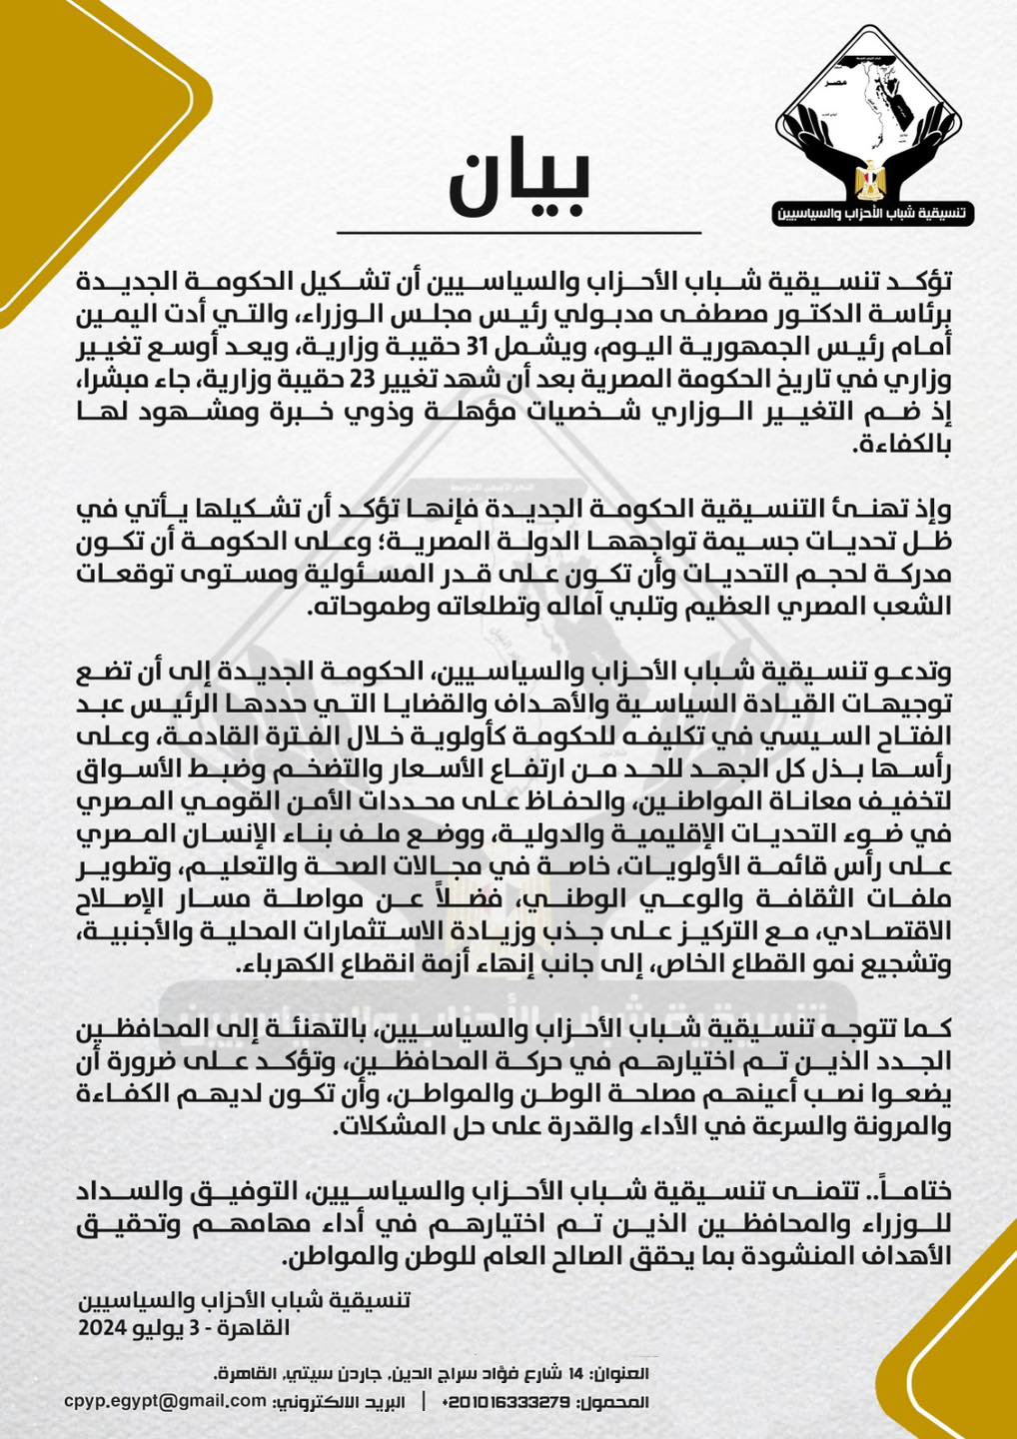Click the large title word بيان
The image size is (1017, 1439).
pos(518,184)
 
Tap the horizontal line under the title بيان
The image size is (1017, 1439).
pos(518,233)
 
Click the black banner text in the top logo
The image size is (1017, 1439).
pos(873,213)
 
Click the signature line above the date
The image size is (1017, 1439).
pos(244,1301)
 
